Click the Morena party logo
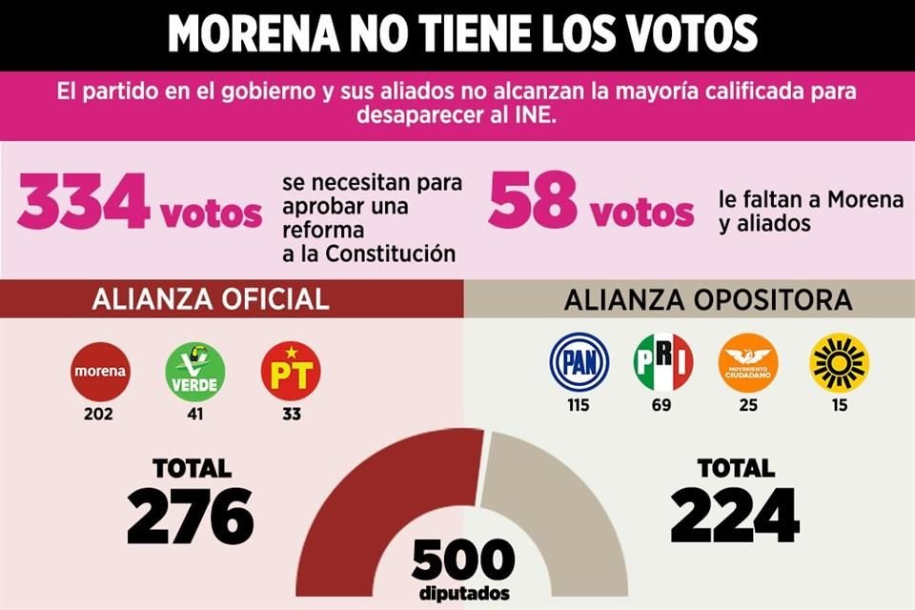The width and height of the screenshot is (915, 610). pos(100,372)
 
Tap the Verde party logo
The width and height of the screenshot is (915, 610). pos(195,372)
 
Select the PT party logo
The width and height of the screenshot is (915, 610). pos(290,372)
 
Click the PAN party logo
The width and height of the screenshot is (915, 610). pos(579,363)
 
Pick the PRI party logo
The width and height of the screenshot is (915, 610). pos(663,363)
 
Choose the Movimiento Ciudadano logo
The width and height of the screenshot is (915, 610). pos(748,363)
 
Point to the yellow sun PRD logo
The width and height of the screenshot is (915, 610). pos(839,363)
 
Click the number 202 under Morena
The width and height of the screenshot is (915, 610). pos(99,415)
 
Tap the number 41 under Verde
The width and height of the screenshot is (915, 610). pos(195,415)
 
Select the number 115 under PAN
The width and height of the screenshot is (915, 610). pos(578,405)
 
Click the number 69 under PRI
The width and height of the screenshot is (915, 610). pos(662,405)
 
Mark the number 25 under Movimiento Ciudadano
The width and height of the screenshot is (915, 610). pos(748,405)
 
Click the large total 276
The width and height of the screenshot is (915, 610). pos(190,516)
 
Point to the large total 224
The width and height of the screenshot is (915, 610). pos(734,516)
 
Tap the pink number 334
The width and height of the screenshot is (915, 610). pos(84,204)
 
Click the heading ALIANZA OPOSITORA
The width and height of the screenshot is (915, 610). pos(707,300)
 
